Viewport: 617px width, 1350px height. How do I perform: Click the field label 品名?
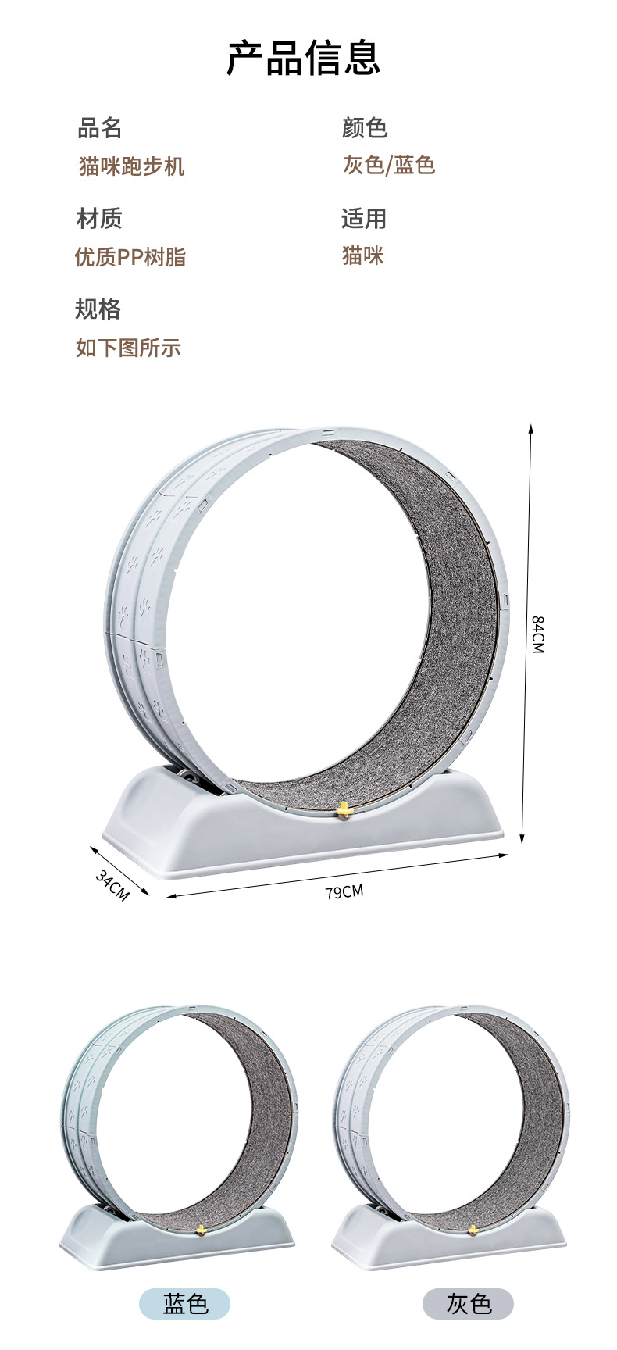pos(100,127)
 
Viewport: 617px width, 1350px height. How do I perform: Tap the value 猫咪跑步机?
pos(131,166)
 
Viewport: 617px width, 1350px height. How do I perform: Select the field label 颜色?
pos(365,127)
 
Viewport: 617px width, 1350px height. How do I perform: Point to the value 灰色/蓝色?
pos(389,165)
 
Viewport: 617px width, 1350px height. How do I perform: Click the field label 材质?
pos(99,218)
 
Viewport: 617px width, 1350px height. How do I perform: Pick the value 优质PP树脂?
pos(130,256)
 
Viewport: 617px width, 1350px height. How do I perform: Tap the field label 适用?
pos(364,218)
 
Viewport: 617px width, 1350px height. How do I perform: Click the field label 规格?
pos(98,309)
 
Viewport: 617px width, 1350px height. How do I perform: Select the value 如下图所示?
pos(129,347)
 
